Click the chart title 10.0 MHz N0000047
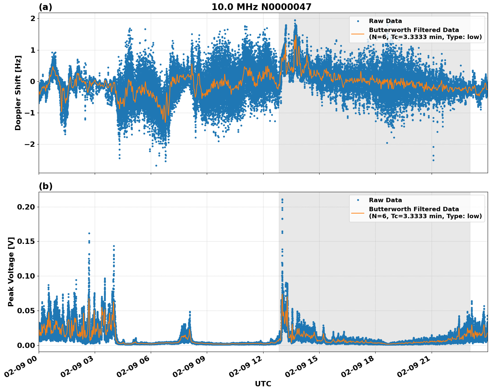261,7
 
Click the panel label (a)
45,7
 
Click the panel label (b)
45,186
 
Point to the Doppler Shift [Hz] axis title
18,93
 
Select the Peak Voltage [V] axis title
11,272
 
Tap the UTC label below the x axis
263,384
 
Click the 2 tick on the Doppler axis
33,19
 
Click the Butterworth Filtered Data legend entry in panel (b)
414,213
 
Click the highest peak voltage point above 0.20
282,200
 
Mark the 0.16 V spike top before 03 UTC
89,233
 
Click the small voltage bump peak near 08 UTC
190,312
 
